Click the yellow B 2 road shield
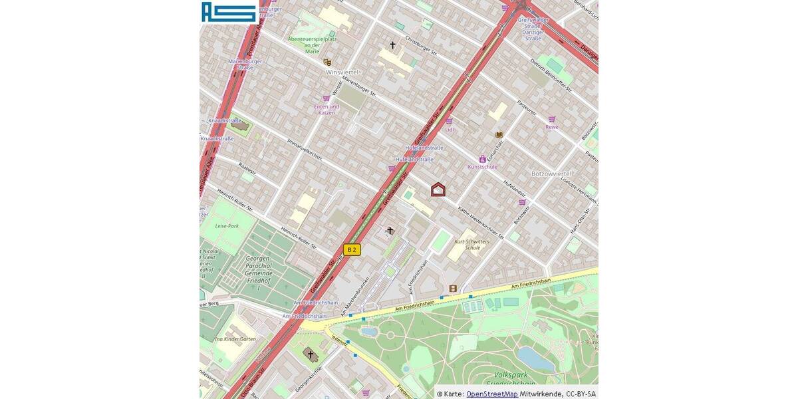[x=352, y=250]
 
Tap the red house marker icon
[x=438, y=190]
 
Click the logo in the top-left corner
[x=229, y=12]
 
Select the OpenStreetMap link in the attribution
[x=491, y=394]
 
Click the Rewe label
[x=552, y=127]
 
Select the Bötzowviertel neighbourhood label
[x=551, y=173]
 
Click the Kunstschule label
[x=483, y=167]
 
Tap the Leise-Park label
[x=227, y=225]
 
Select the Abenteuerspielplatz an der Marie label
[x=312, y=45]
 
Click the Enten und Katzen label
[x=327, y=109]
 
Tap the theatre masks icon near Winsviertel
[x=327, y=62]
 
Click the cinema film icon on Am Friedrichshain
[x=453, y=289]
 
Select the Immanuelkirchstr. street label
[x=305, y=150]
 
